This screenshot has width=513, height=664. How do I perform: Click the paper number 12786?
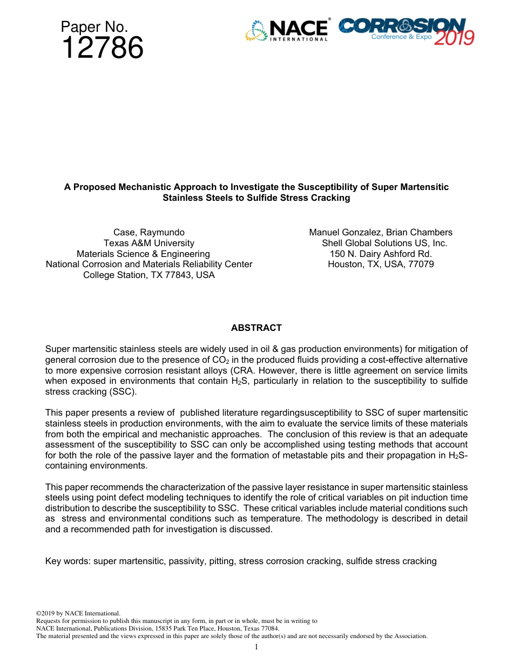[102, 49]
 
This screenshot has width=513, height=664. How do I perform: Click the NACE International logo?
[287, 31]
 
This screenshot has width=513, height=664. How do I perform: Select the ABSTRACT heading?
[256, 328]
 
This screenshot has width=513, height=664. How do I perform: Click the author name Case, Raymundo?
[148, 232]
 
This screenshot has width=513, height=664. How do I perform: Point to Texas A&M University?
[148, 243]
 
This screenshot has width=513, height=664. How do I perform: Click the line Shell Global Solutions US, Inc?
[384, 243]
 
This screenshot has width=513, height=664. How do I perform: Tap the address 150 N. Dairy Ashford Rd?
[381, 254]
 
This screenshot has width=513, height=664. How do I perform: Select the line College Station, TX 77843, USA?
[148, 275]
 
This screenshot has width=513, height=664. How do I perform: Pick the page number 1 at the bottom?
[256, 647]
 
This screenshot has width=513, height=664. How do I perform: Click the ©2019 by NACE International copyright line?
[78, 613]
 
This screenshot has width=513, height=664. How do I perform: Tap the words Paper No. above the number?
[94, 27]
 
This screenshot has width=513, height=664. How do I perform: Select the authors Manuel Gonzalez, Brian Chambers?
[381, 232]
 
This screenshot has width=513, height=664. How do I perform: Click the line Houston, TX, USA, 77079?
[381, 264]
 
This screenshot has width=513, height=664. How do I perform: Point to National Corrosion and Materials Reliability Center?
[148, 264]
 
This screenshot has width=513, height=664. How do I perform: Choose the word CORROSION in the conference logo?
[402, 25]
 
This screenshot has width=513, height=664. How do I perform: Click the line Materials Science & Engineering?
[143, 254]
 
